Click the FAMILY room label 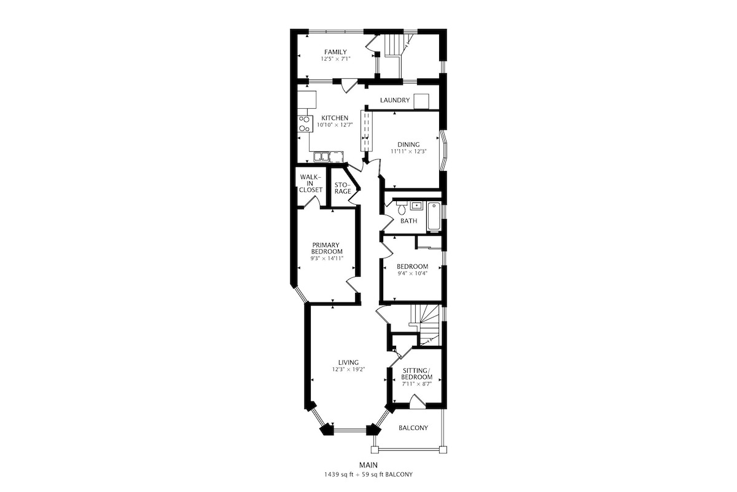(335, 52)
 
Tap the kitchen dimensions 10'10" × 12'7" (335, 125)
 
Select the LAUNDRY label (395, 100)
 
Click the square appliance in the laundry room (421, 101)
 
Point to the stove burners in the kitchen (74, 124)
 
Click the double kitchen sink (91, 157)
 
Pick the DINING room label (408, 145)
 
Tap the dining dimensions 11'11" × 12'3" (408, 151)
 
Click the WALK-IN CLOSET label (311, 183)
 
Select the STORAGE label (343, 188)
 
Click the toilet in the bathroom (402, 208)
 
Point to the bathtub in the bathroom (434, 217)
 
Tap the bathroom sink (416, 206)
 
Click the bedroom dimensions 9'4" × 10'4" (412, 274)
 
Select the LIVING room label (348, 362)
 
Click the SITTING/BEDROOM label (416, 374)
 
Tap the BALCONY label (413, 428)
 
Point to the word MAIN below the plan (368, 465)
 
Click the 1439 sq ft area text (340, 475)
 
